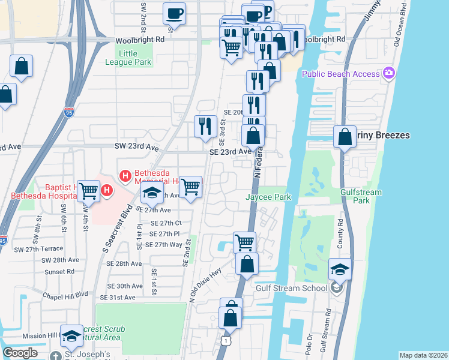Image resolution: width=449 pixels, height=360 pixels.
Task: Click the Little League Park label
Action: pyautogui.click(x=135, y=58)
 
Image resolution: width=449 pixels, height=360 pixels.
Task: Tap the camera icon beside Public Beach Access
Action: pyautogui.click(x=389, y=73)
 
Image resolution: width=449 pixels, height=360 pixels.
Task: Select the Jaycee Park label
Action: pyautogui.click(x=268, y=197)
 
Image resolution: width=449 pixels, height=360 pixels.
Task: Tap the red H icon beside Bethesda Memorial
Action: pyautogui.click(x=125, y=176)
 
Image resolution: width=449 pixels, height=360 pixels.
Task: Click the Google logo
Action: pyautogui.click(x=20, y=353)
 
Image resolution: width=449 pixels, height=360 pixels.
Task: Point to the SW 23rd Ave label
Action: pyautogui.click(x=136, y=147)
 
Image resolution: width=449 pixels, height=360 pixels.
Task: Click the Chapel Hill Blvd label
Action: pyautogui.click(x=65, y=295)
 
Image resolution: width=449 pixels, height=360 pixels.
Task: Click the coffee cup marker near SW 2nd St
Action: pyautogui.click(x=174, y=13)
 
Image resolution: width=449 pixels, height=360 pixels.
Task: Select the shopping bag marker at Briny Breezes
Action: pyautogui.click(x=345, y=137)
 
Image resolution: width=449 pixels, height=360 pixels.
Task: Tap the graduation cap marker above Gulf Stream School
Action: pyautogui.click(x=340, y=269)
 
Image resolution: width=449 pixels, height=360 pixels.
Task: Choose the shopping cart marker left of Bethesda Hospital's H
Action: pyautogui.click(x=89, y=191)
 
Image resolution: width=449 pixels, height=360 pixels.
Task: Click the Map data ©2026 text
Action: pyautogui.click(x=423, y=355)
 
